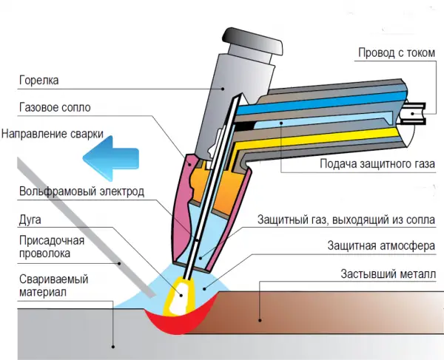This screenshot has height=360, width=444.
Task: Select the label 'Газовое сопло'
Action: point(55,108)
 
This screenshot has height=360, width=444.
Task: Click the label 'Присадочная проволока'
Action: point(53,246)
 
